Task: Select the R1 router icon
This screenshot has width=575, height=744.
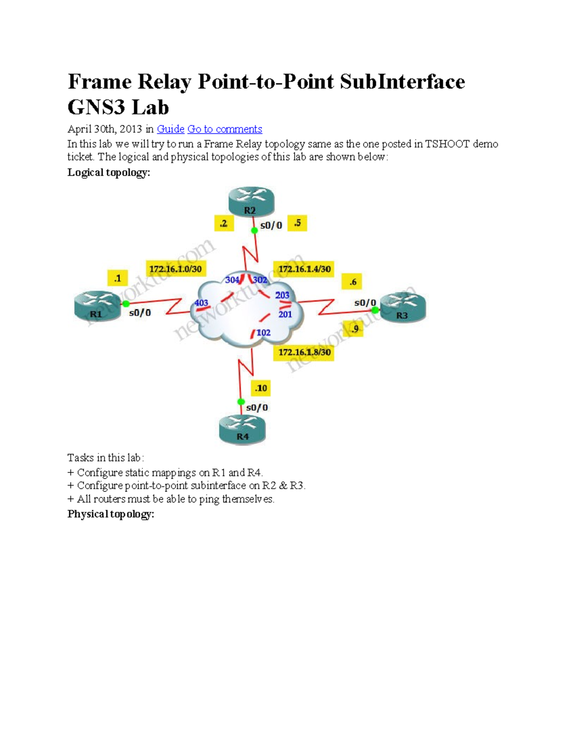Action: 98,306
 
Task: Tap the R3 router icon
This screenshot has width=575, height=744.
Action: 403,308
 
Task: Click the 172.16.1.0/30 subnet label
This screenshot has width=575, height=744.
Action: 176,269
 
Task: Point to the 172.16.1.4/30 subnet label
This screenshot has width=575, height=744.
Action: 304,269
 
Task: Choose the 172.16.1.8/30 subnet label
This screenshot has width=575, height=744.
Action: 304,352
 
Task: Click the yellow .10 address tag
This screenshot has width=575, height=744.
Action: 261,388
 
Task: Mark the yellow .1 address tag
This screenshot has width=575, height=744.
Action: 117,278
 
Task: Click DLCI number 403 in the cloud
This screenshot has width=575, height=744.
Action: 201,303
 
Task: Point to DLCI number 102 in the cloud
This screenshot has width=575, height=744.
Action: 264,332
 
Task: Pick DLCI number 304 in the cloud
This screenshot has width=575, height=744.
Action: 232,280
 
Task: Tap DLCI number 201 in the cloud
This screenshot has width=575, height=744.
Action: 285,314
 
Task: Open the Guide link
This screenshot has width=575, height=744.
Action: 171,129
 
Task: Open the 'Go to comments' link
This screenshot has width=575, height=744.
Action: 225,129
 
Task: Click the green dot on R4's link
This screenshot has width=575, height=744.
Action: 241,401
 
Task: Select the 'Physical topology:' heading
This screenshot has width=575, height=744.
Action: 111,514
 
